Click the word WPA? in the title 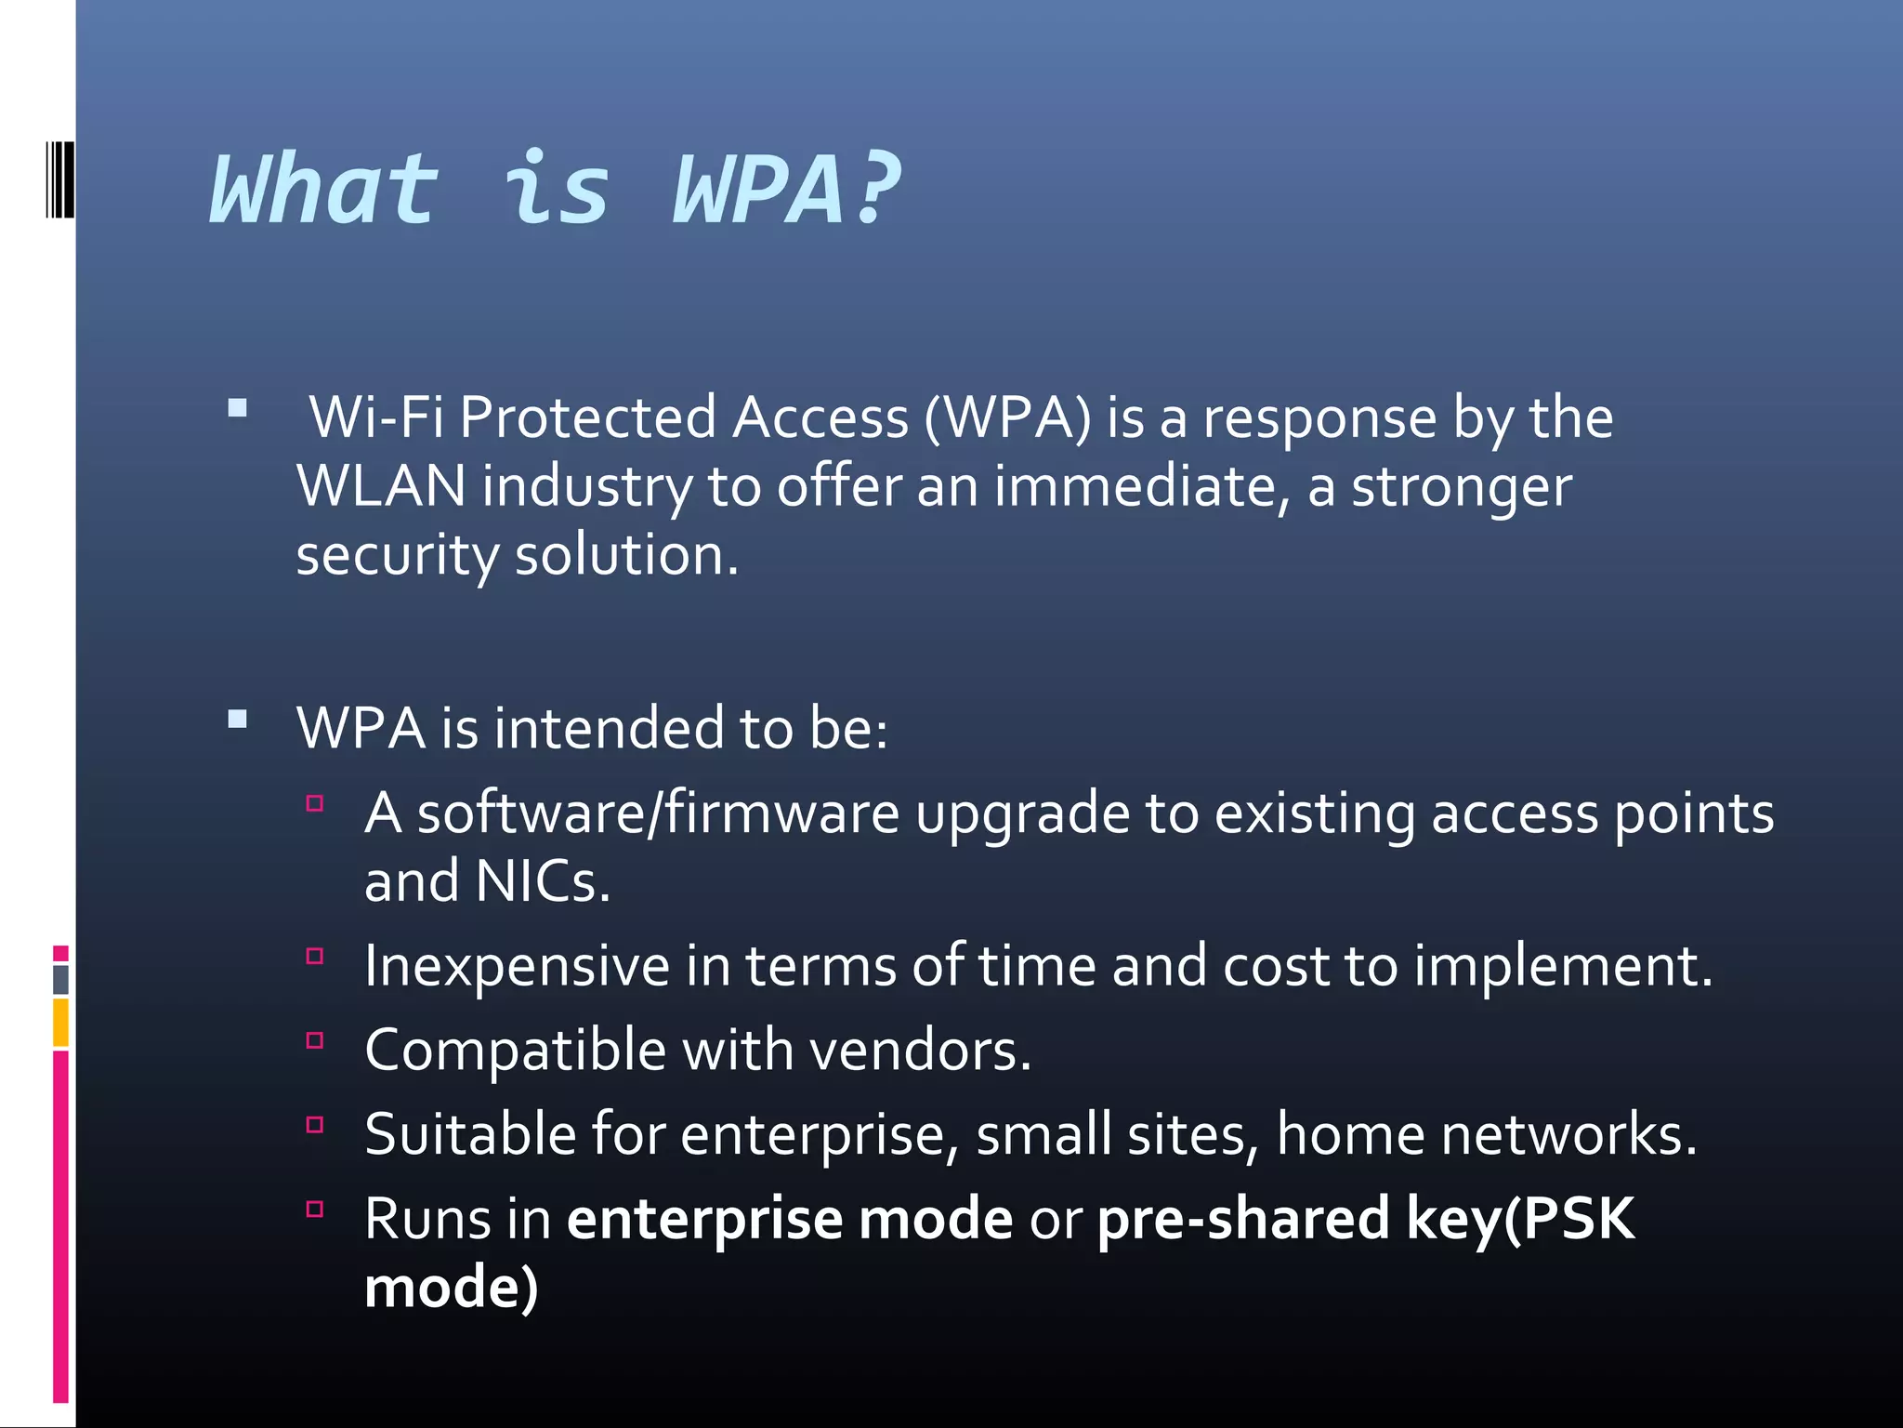pyautogui.click(x=786, y=191)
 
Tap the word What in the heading pyautogui.click(x=324, y=191)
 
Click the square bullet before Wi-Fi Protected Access pyautogui.click(x=238, y=408)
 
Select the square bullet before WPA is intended pyautogui.click(x=238, y=719)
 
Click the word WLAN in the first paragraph pyautogui.click(x=381, y=486)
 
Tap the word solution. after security pyautogui.click(x=626, y=555)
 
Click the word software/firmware pyautogui.click(x=658, y=813)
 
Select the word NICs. pyautogui.click(x=543, y=881)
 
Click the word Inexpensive pyautogui.click(x=517, y=967)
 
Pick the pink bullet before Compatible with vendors pyautogui.click(x=315, y=1040)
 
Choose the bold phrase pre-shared pyautogui.click(x=1243, y=1219)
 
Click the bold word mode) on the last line pyautogui.click(x=452, y=1288)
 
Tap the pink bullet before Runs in pyautogui.click(x=315, y=1210)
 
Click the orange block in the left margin pyautogui.click(x=60, y=1023)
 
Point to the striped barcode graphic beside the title pyautogui.click(x=59, y=179)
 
